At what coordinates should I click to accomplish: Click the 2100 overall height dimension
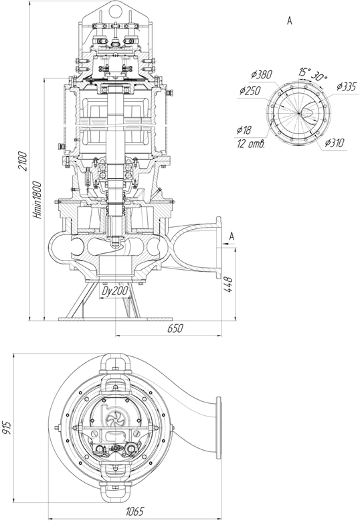[x=23, y=161]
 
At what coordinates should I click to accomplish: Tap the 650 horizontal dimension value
[x=175, y=328]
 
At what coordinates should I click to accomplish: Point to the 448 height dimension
[x=229, y=285]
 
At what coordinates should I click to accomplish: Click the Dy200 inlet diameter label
[x=115, y=291]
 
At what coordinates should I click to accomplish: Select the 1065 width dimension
[x=135, y=512]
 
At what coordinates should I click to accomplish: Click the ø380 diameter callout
[x=262, y=75]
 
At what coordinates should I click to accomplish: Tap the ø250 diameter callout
[x=250, y=90]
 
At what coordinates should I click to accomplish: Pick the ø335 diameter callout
[x=346, y=87]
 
